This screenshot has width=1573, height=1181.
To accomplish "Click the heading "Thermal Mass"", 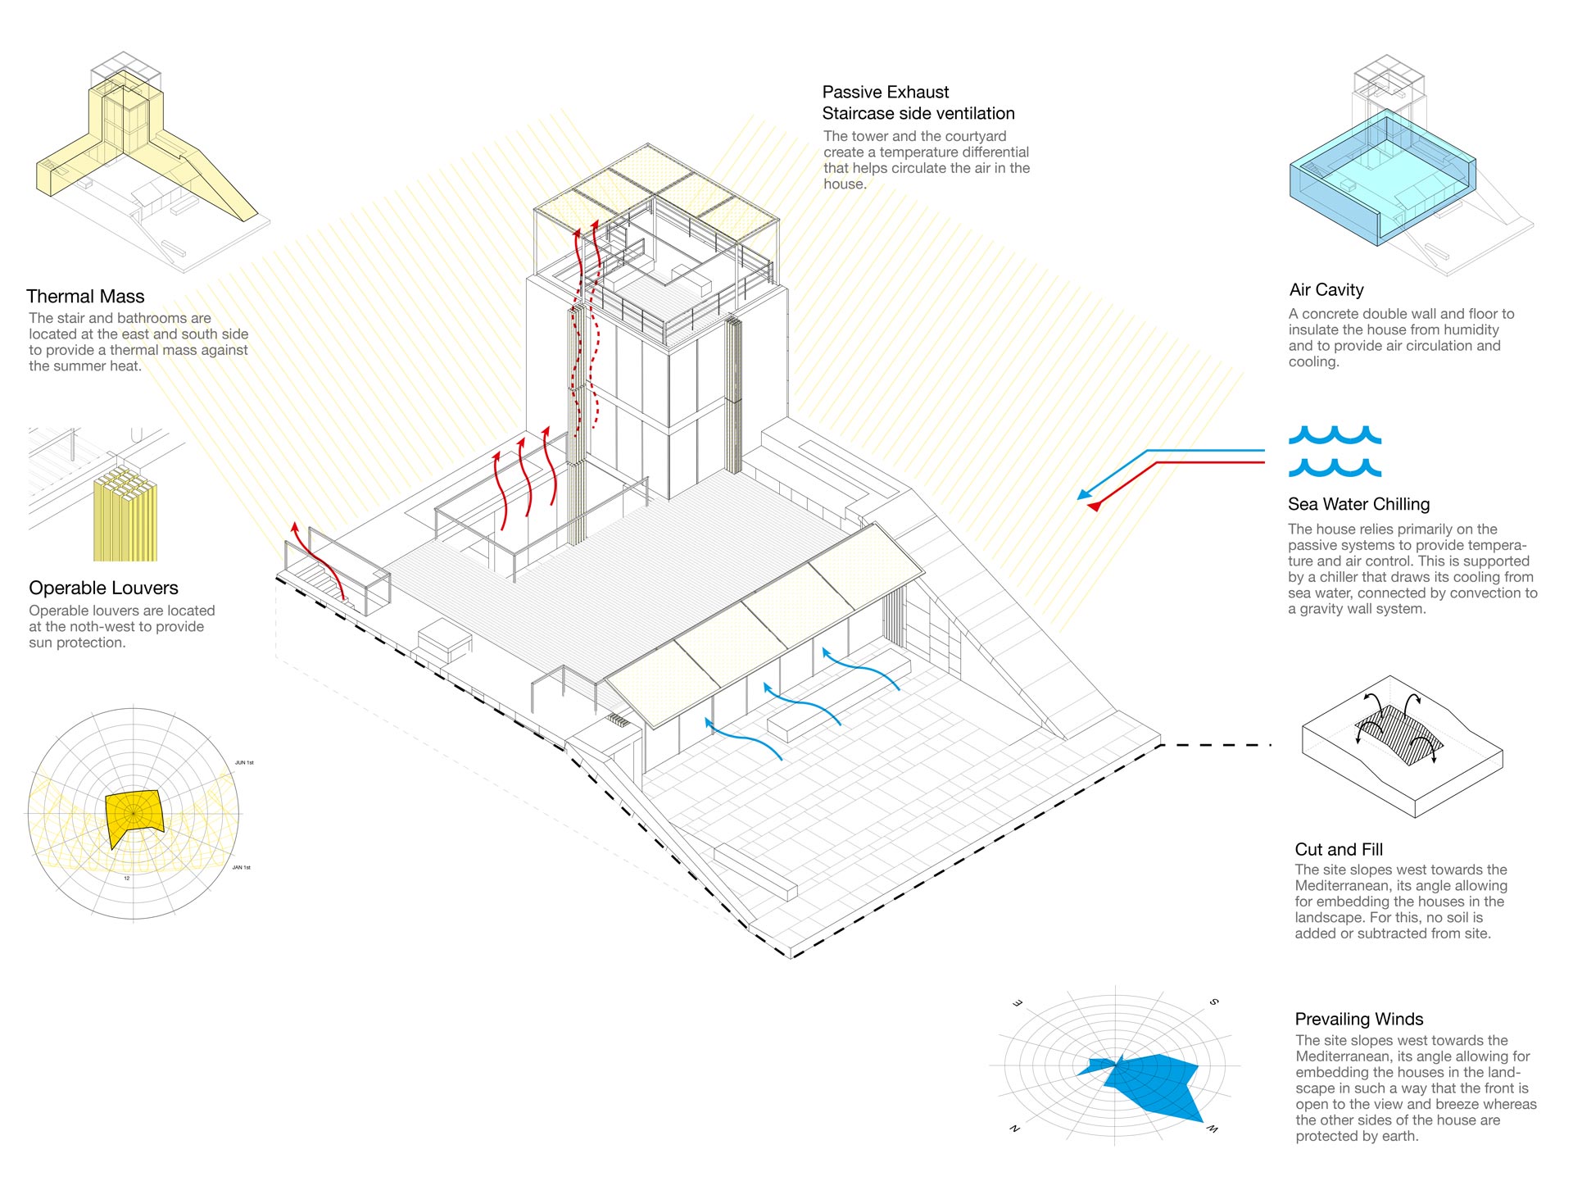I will tap(85, 297).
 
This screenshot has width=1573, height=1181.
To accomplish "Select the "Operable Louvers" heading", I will tap(103, 588).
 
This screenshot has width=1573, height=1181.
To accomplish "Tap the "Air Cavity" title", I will tap(1326, 289).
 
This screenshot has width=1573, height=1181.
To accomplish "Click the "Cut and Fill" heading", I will tap(1339, 849).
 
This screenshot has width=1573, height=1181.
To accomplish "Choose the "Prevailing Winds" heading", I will tap(1359, 1019).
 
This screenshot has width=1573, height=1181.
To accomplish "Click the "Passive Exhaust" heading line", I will tap(886, 92).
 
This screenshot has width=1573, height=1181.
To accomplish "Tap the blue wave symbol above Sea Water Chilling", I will tap(1335, 451).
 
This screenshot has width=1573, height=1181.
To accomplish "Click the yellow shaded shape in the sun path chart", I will tap(134, 816).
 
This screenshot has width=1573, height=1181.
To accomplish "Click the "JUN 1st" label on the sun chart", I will tap(244, 763).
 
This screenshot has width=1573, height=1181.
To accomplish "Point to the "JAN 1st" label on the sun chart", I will tap(241, 867).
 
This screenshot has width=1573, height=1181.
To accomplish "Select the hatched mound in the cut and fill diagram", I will tap(1398, 734).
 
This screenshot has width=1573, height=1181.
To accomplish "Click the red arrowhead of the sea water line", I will tap(1094, 506).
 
